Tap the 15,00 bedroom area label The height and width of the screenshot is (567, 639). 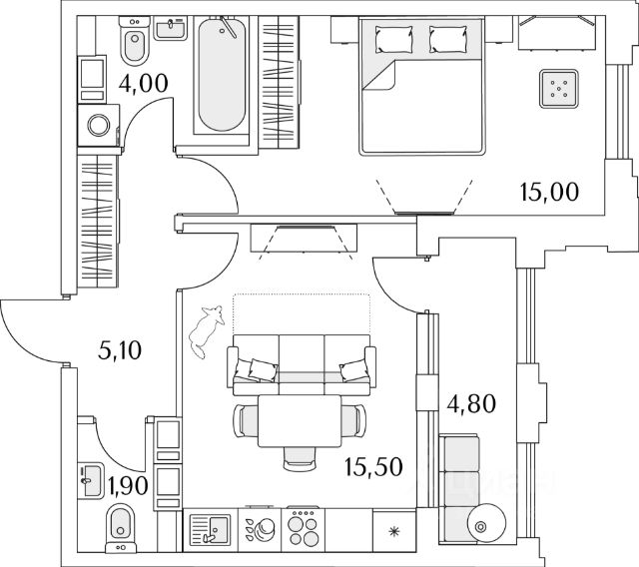(549, 189)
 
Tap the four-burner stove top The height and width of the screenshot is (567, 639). (302, 525)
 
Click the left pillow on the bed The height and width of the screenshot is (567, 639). (392, 40)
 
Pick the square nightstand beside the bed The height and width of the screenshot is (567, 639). (559, 89)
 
